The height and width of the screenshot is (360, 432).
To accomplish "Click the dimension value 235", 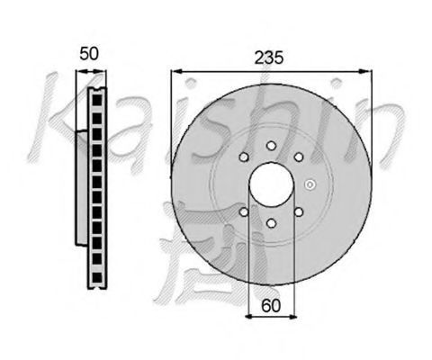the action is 268,58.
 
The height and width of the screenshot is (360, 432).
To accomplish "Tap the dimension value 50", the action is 89,54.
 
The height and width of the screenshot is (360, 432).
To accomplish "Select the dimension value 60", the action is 271,306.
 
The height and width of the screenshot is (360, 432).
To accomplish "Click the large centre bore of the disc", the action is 271,184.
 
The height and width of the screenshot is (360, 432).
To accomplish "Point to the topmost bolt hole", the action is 271,146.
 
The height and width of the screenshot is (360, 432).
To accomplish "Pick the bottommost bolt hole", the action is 271,223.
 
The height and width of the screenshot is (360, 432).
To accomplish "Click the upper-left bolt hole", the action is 244,157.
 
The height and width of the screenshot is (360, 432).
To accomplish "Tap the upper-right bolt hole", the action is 299,157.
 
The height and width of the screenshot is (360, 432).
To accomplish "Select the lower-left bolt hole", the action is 244,212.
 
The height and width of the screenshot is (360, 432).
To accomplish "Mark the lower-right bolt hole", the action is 299,212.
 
